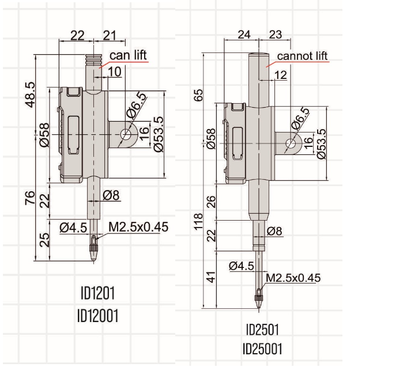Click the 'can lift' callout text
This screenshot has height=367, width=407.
129,55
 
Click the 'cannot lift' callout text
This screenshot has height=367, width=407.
302,56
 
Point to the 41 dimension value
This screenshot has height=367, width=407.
211,277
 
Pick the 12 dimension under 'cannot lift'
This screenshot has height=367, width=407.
281,75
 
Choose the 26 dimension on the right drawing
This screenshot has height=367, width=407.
211,202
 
